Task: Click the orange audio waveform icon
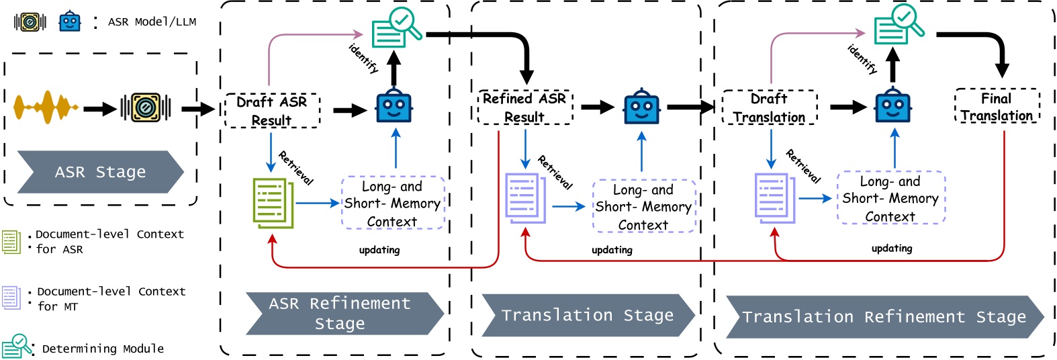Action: tap(46, 107)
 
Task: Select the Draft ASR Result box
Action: tap(272, 111)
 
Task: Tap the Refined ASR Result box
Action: tap(524, 107)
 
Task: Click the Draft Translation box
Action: tap(769, 107)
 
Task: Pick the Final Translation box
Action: tap(997, 107)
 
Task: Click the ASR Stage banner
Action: tap(100, 172)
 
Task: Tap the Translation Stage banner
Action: tap(587, 315)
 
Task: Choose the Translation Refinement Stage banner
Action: tap(884, 316)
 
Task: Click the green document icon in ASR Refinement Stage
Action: tap(273, 202)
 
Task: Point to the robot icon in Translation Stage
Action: tap(641, 107)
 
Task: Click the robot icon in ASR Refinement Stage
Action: tap(394, 107)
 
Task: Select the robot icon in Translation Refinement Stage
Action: tap(892, 107)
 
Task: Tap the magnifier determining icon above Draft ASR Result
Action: tap(396, 28)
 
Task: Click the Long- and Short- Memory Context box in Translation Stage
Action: tap(643, 207)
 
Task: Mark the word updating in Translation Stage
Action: tap(612, 250)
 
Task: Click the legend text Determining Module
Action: tap(103, 349)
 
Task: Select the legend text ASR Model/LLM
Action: tap(152, 21)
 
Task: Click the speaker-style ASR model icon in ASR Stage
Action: tap(145, 107)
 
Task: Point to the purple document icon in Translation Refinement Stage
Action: tap(774, 197)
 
